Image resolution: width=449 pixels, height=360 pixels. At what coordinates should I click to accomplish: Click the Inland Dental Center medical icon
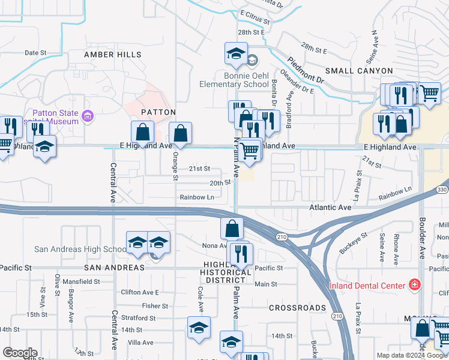click(413, 284)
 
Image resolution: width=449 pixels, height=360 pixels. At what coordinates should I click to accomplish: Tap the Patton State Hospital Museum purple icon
click(88, 115)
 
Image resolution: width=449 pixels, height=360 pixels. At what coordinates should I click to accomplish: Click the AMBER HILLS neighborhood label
click(113, 55)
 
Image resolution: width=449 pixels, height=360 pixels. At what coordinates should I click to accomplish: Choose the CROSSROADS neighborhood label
click(297, 308)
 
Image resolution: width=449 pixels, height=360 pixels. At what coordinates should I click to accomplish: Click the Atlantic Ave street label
click(330, 208)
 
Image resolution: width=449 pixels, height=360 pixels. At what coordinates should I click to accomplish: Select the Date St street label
click(35, 53)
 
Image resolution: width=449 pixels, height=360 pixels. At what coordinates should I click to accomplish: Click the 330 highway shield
click(442, 190)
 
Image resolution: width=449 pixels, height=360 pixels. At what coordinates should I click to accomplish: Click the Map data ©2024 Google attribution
click(412, 355)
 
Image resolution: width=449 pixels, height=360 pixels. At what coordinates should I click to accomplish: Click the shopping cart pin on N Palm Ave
click(250, 152)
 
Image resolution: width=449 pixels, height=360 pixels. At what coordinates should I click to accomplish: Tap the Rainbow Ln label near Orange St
click(197, 197)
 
